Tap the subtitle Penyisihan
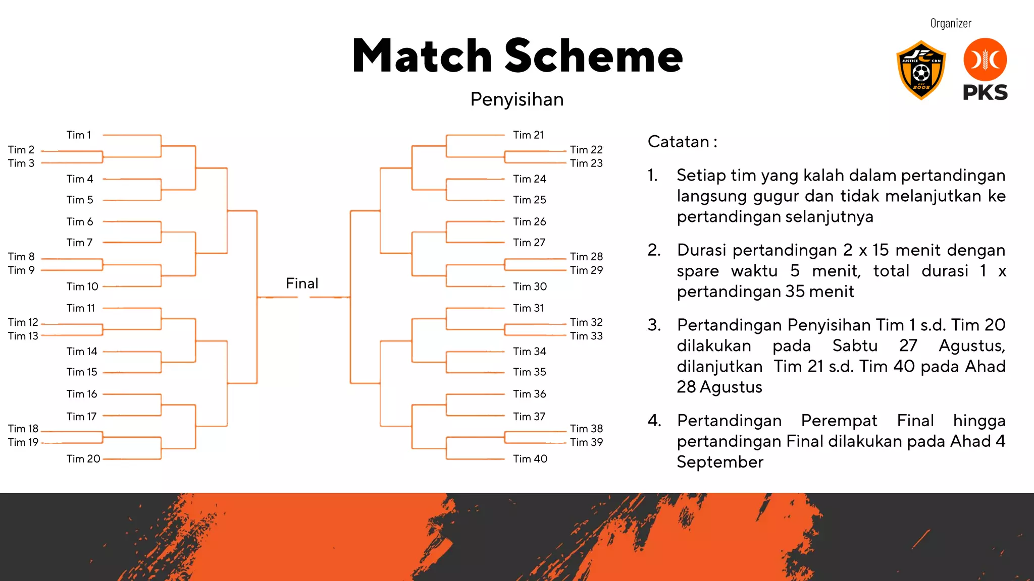click(517, 99)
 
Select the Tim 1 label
click(79, 135)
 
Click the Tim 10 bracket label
click(82, 286)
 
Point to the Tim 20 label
click(83, 459)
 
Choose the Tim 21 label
click(528, 135)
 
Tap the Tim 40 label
click(530, 459)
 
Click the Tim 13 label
click(23, 336)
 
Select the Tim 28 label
click(586, 257)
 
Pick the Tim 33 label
click(586, 336)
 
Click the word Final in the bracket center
click(302, 283)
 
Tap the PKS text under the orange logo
click(985, 93)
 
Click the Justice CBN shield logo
click(921, 70)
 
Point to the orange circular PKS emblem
click(985, 60)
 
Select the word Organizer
click(951, 23)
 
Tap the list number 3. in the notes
click(654, 325)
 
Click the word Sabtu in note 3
click(855, 345)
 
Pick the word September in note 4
click(720, 462)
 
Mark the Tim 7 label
click(79, 243)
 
